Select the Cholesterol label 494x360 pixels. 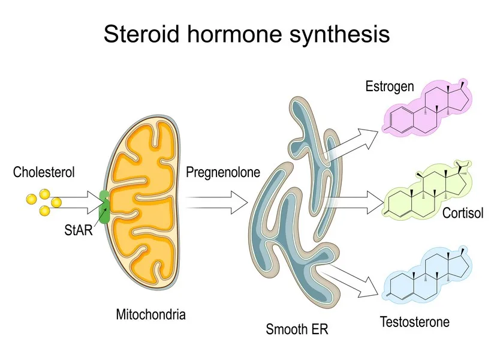44,173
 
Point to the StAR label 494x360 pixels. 78,229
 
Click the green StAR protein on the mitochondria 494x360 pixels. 104,207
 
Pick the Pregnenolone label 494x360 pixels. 223,173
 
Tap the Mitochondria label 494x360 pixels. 150,314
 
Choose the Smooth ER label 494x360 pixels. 297,329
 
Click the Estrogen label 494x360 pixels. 389,86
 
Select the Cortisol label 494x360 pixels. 462,214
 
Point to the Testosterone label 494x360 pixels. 414,322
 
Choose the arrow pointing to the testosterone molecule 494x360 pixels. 351,280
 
